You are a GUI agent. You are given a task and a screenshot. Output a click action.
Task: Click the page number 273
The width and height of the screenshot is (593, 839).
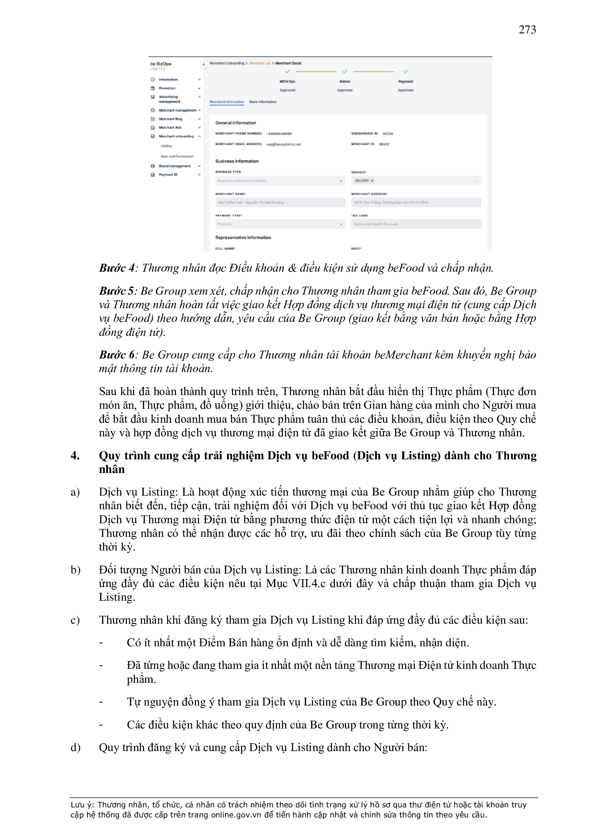[x=527, y=29]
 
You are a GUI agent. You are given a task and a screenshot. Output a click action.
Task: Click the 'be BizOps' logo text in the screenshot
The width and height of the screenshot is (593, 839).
[x=161, y=64]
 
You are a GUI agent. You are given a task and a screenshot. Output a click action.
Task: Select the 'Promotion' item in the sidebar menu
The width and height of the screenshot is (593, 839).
[x=167, y=88]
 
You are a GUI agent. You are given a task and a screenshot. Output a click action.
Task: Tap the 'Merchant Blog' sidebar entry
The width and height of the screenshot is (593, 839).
[x=170, y=119]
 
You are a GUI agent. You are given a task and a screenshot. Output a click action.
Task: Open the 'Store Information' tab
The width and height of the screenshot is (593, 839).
[x=262, y=102]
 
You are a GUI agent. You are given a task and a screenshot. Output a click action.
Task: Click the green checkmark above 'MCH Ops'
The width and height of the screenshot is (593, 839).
[x=288, y=72]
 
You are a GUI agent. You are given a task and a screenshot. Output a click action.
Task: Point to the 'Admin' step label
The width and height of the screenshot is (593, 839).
[x=345, y=81]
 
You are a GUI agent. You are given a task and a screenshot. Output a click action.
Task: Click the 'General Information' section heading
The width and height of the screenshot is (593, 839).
[x=236, y=123]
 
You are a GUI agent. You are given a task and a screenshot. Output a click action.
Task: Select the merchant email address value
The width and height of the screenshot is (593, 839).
[x=284, y=144]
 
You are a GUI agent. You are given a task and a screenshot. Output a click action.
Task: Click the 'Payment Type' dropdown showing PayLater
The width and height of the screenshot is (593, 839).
[x=280, y=224]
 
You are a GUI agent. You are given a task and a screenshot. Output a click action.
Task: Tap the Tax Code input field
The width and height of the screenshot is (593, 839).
[x=416, y=224]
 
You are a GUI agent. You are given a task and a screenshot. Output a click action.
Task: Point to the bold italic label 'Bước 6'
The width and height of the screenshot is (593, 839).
[x=117, y=355]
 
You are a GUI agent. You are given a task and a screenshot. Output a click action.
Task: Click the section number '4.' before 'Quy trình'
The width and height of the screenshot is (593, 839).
[x=75, y=456]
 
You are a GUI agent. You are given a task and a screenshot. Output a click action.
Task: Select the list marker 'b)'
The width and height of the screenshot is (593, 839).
[x=75, y=570]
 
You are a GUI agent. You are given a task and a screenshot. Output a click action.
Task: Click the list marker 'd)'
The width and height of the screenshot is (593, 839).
[x=75, y=747]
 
